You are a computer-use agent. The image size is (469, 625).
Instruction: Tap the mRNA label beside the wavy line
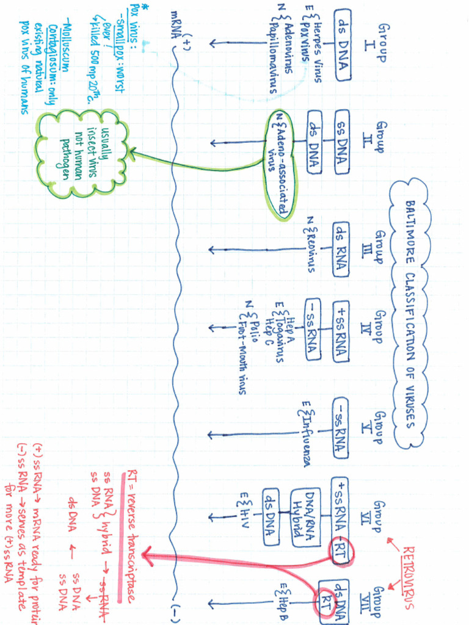(178, 24)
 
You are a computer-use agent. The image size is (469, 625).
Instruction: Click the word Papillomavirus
(272, 60)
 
